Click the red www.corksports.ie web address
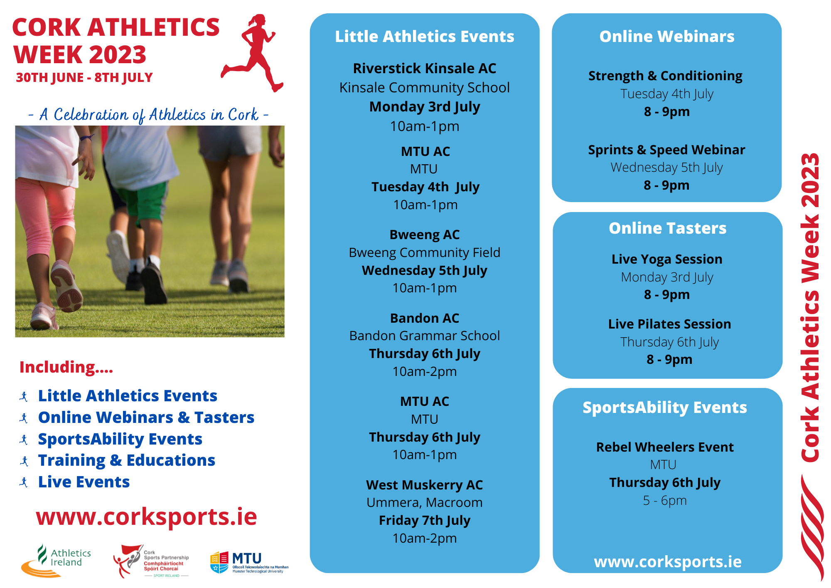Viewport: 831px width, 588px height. [146, 517]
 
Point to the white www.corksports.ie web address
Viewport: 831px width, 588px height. [668, 562]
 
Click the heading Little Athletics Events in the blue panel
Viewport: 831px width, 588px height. [425, 37]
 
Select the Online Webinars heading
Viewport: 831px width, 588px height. [667, 37]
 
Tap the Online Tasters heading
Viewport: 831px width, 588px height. [668, 228]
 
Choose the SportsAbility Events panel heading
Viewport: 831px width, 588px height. [665, 408]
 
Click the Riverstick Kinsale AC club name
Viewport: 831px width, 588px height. [425, 68]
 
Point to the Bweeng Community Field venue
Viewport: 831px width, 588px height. [425, 252]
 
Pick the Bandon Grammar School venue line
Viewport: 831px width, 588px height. [425, 336]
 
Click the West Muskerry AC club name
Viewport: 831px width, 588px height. [425, 485]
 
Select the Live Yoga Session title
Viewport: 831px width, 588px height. [667, 259]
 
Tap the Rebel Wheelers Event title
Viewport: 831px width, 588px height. [665, 447]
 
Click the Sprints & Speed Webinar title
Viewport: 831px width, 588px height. [666, 150]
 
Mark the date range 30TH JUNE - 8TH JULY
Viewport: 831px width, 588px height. [84, 78]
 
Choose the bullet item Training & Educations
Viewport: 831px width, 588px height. [127, 460]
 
